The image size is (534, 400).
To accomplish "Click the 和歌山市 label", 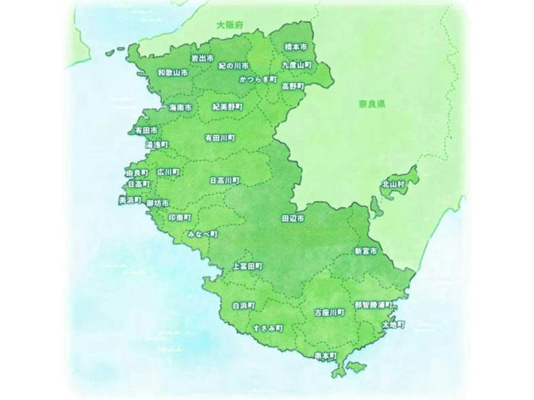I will click(x=173, y=73).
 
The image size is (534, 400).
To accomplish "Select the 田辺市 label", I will click(x=293, y=220).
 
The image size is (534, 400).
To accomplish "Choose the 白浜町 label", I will click(x=243, y=304).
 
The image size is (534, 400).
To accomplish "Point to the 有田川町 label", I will click(x=220, y=138).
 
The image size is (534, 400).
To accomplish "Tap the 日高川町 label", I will click(x=225, y=179).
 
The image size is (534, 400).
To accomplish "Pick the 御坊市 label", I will click(x=158, y=202).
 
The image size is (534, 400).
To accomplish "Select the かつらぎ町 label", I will click(x=257, y=77).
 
